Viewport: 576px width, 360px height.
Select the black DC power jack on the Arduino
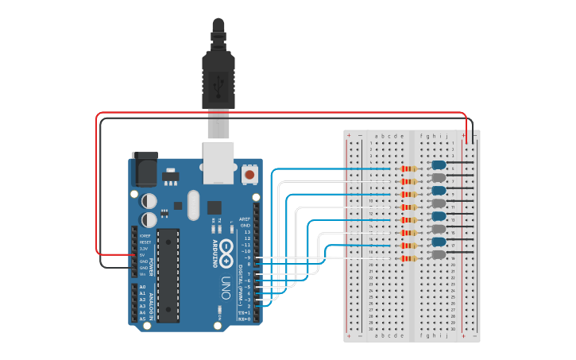click(144, 169)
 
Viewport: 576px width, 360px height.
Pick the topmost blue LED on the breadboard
click(438, 165)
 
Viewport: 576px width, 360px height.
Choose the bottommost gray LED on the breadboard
click(438, 254)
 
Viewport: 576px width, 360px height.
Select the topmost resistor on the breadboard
click(410, 168)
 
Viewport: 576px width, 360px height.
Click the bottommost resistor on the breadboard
click(410, 258)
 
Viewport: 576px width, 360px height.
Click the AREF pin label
click(245, 219)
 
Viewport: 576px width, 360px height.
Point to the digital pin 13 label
click(248, 232)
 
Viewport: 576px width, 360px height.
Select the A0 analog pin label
click(143, 287)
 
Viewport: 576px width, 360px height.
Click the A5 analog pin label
click(143, 319)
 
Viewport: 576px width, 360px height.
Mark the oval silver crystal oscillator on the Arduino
click(192, 205)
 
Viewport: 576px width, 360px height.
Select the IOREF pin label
click(145, 236)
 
